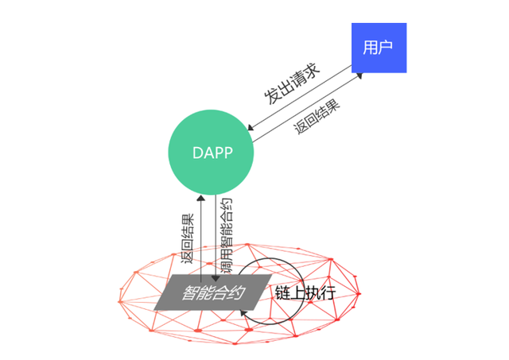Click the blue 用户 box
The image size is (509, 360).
point(379,47)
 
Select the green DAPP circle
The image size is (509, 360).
point(212,153)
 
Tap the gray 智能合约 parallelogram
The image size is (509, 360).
point(210,292)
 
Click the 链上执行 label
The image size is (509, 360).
point(305,292)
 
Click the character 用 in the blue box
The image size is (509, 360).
point(371,47)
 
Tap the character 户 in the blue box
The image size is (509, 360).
point(387,47)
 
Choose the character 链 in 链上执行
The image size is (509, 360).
point(282,292)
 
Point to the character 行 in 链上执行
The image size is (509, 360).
point(328,292)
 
